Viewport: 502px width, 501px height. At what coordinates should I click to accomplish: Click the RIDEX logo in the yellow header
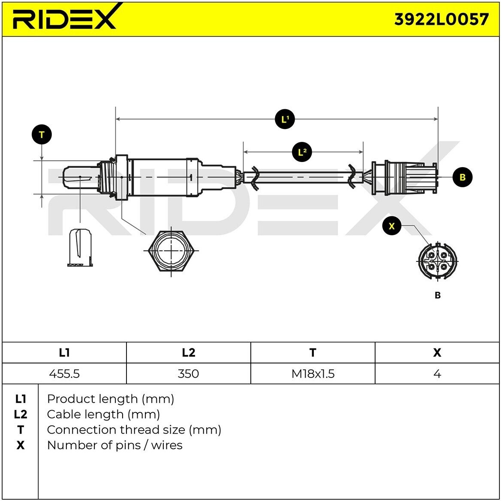point(64,18)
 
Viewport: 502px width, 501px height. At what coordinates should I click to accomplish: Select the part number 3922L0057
point(441,19)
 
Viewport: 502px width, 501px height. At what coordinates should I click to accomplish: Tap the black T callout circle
point(42,135)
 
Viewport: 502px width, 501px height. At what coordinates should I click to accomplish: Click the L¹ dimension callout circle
point(285,119)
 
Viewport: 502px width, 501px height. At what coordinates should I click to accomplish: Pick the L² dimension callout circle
point(302,152)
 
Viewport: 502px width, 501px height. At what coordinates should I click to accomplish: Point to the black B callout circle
point(462,177)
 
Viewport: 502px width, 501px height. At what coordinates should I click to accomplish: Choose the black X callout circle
point(391,226)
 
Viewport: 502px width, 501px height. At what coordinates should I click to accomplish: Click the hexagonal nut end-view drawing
point(171,251)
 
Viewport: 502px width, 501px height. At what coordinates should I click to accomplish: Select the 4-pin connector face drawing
point(437,261)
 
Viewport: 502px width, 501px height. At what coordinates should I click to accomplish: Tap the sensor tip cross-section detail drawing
point(81,248)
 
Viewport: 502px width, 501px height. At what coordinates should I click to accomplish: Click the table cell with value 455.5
point(64,374)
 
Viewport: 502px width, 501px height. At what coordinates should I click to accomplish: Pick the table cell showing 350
point(188,374)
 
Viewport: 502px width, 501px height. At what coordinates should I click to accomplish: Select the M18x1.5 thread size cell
point(313,374)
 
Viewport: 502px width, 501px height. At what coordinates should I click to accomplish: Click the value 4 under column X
point(437,374)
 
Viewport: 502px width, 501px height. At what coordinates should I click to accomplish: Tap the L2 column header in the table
point(188,353)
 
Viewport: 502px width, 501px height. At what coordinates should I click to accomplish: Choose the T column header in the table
point(313,353)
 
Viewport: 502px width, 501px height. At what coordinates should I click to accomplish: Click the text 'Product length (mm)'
point(110,399)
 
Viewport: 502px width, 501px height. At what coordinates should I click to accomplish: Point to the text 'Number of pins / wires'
point(114,445)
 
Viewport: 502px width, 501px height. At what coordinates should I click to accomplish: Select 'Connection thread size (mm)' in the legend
point(134,430)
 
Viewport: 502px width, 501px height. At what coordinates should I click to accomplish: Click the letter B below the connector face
point(437,295)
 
